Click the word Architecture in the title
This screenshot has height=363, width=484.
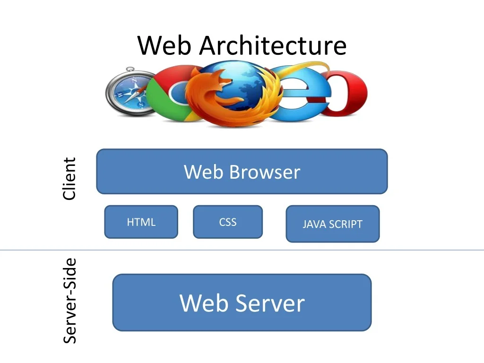[273, 46]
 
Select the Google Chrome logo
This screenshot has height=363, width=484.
[168, 95]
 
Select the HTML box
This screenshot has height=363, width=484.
[141, 222]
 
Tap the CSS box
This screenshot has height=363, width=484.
[227, 222]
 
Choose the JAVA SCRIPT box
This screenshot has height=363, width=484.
[332, 224]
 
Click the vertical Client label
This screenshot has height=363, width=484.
[69, 179]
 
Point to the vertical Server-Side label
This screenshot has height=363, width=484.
[70, 301]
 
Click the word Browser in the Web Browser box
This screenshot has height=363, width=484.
[264, 172]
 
